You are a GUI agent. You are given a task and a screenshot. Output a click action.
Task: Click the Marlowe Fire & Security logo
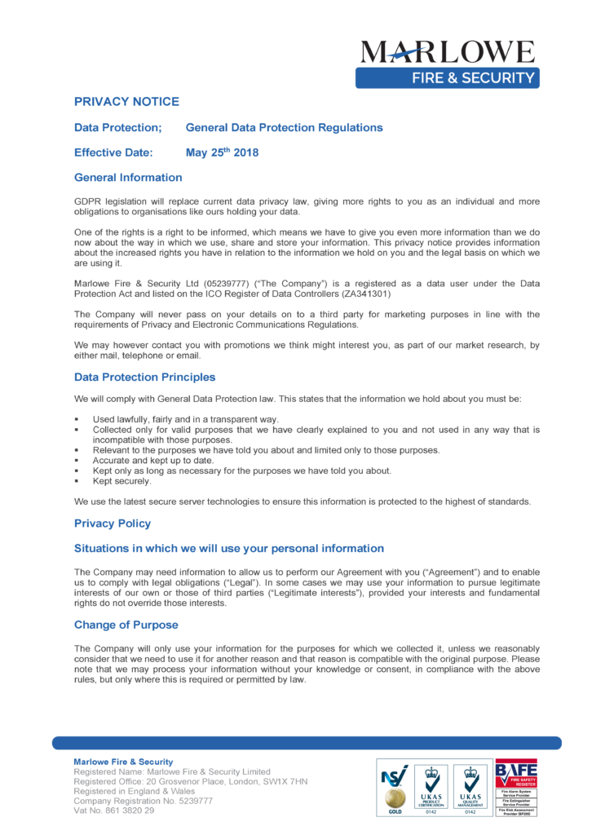coord(448,63)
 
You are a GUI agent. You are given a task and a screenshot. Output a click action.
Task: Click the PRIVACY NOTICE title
coord(126,102)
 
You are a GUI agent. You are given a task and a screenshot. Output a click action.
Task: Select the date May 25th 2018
coord(222,152)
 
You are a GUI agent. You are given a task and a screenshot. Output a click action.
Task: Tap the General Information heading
coord(128,178)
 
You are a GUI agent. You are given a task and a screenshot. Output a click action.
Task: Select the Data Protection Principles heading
coord(144,378)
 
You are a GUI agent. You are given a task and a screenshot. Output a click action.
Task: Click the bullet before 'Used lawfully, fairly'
coord(76,420)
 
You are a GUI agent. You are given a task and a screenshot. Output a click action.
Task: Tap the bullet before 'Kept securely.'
coord(76,482)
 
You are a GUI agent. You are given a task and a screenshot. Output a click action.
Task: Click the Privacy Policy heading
coord(113,524)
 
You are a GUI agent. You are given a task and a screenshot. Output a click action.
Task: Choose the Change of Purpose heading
coord(126,625)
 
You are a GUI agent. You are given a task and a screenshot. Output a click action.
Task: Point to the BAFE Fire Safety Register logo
coord(516,788)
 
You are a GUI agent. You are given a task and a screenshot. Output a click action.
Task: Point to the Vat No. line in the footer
coord(114,811)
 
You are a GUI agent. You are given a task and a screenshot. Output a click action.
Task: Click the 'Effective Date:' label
coord(113,152)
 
